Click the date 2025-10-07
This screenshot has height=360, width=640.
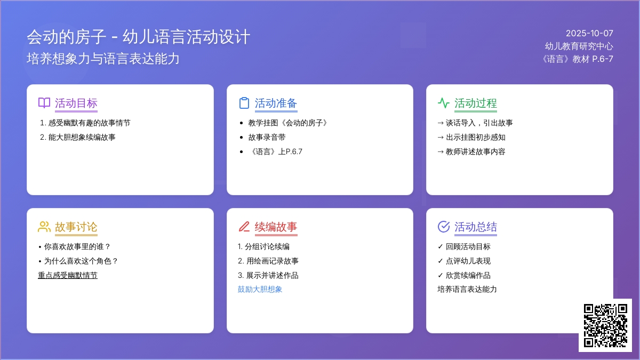point(589,34)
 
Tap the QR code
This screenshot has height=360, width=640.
point(605,325)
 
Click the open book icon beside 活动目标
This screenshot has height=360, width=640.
point(44,103)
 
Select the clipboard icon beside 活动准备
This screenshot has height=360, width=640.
point(244,103)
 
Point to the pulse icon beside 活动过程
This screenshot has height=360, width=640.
point(443,103)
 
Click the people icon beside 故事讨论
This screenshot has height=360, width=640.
point(44,227)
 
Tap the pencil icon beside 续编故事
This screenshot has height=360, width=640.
point(244,227)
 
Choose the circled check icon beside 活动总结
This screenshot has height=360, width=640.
point(443,227)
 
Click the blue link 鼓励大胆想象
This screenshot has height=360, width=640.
point(260,289)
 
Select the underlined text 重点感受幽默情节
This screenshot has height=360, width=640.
point(68,275)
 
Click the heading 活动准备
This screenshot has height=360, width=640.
point(276,103)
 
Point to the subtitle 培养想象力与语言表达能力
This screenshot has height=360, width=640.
point(103,59)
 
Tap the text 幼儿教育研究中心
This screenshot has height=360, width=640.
point(579,46)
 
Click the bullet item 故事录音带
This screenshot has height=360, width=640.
point(267,137)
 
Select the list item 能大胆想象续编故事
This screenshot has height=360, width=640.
point(82,137)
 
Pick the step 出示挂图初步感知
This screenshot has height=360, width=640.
point(475,137)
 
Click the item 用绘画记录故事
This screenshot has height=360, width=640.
point(273,261)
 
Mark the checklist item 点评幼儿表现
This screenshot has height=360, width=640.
point(468,261)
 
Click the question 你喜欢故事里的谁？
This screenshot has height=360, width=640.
point(77,246)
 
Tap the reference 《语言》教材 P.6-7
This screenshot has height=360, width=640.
point(577,59)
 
